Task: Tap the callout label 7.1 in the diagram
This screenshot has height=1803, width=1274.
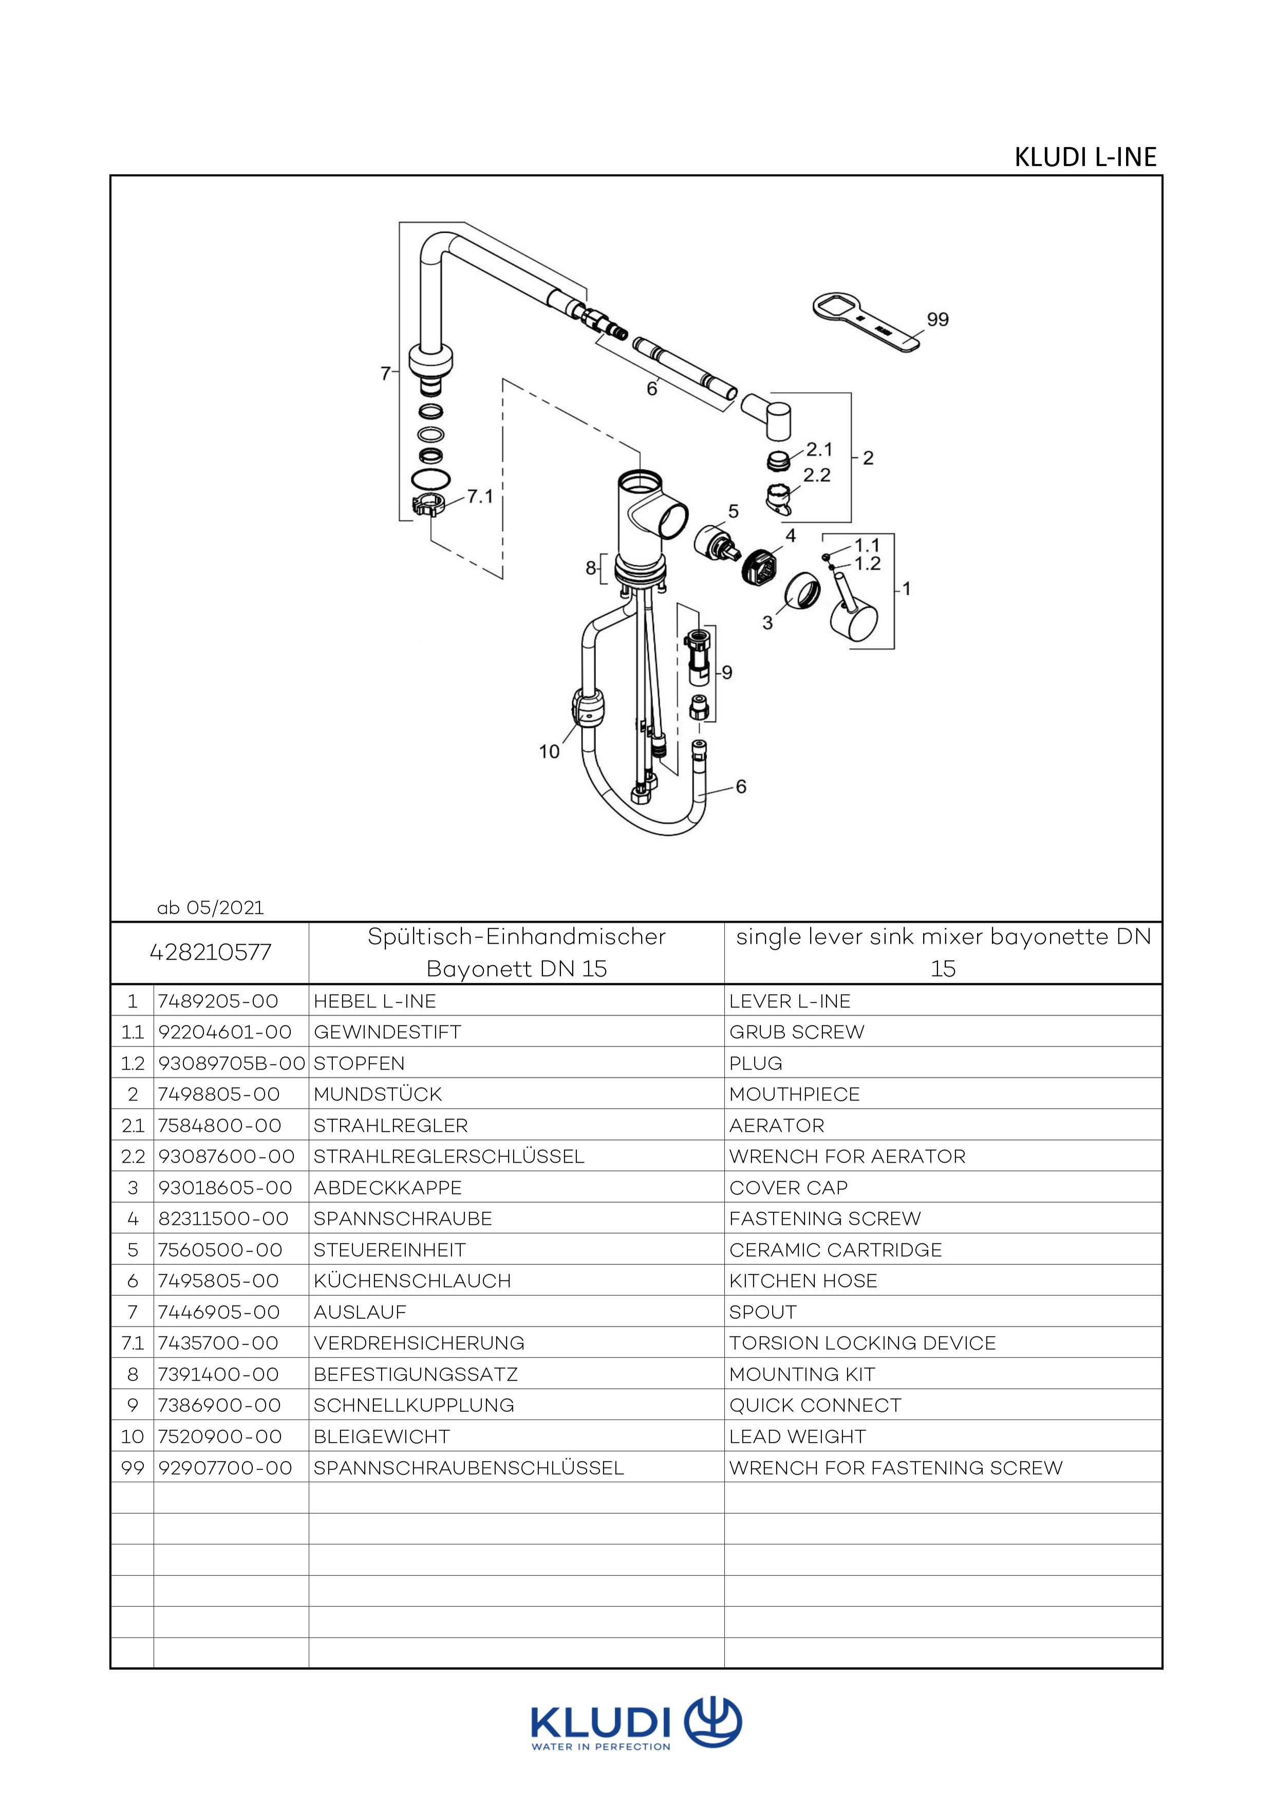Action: [x=480, y=496]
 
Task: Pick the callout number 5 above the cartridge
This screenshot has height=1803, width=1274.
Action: [x=733, y=511]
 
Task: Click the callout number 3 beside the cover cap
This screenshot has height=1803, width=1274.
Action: [x=767, y=623]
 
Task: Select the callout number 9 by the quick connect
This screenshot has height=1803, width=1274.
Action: [x=727, y=672]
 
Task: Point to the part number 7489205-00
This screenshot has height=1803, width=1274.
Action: [x=218, y=1001]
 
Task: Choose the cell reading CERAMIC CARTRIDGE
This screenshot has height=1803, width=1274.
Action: [x=835, y=1249]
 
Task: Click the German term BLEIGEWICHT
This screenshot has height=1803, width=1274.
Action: [x=382, y=1436]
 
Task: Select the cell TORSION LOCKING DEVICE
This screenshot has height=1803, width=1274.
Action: [x=862, y=1343]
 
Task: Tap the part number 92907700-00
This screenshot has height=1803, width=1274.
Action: [x=226, y=1468]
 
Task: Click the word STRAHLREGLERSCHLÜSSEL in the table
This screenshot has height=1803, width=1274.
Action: [x=448, y=1156]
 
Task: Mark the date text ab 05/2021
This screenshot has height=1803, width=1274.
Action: [x=211, y=908]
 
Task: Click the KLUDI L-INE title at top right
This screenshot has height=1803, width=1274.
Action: [x=1085, y=157]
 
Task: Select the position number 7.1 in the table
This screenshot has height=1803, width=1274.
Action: [x=132, y=1343]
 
